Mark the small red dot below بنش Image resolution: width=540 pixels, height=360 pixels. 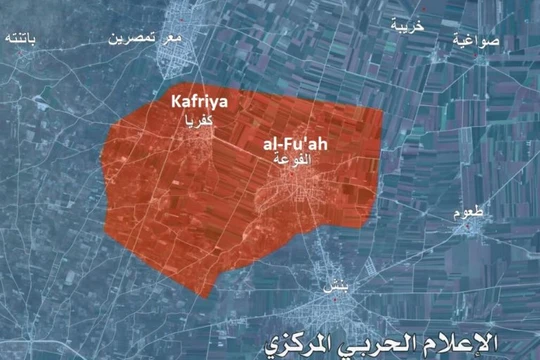click(x=331, y=297)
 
